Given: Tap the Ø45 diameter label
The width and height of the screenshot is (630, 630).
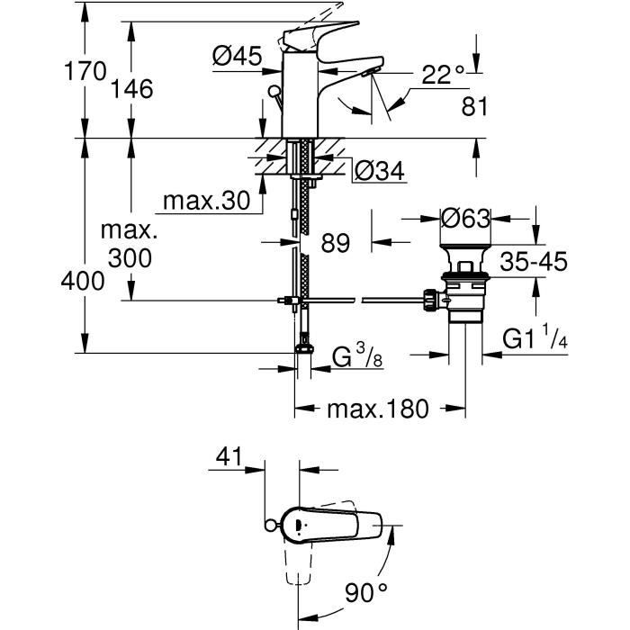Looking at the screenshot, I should [x=237, y=57].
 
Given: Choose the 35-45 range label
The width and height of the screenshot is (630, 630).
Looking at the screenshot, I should [x=535, y=262].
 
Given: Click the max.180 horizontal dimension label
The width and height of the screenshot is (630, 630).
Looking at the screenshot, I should [x=377, y=409].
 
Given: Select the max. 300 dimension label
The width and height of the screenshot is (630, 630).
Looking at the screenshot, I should [x=130, y=245].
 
